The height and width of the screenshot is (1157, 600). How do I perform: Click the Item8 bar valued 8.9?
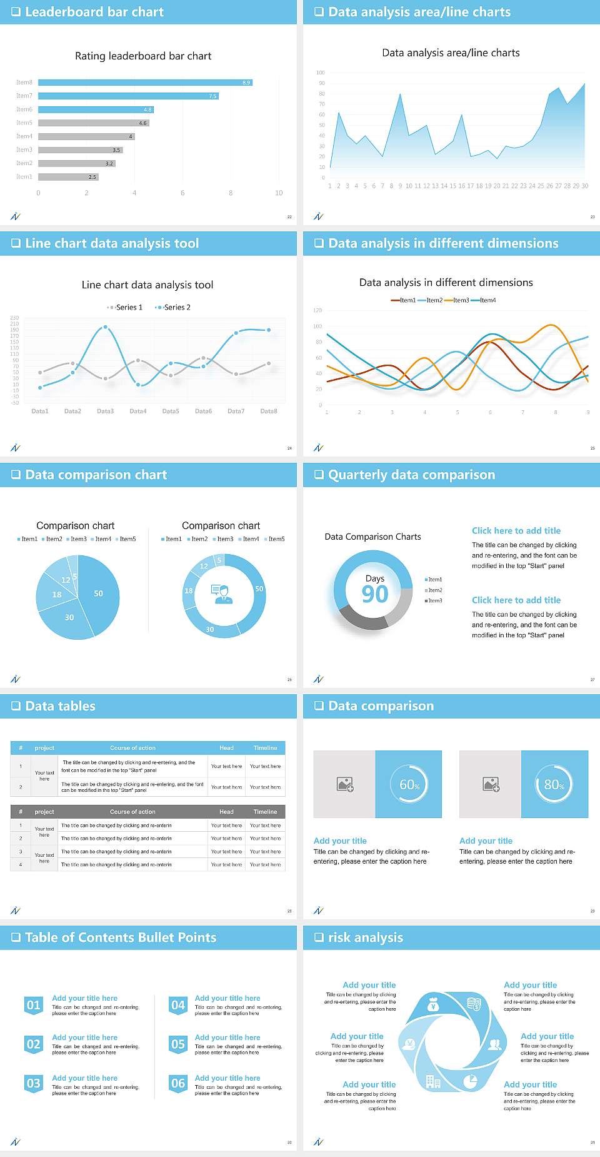click(145, 83)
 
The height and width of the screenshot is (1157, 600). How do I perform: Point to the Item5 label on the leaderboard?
click(24, 123)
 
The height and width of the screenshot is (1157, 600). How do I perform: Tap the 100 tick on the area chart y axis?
click(321, 73)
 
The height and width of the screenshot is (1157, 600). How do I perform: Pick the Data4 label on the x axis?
click(137, 411)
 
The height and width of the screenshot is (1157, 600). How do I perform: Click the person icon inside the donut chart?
click(222, 594)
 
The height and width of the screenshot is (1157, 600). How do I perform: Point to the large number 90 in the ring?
click(375, 594)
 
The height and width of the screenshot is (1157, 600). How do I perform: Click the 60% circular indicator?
click(409, 784)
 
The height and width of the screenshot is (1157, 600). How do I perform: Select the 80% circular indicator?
click(554, 784)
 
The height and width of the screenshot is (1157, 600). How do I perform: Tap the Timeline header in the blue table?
click(265, 748)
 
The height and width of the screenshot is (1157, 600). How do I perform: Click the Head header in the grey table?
click(226, 812)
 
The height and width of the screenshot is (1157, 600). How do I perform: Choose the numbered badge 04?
click(178, 1005)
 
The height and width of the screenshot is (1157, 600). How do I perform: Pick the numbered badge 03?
click(34, 1083)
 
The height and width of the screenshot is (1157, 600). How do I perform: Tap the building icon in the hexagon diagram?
click(432, 1081)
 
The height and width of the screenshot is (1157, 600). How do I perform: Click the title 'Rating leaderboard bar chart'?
click(143, 56)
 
